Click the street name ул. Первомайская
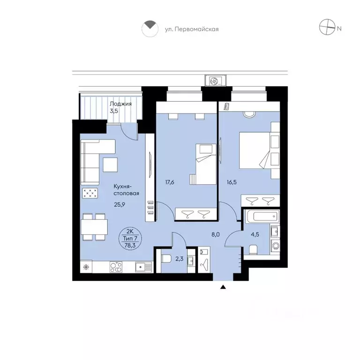click(x=192, y=30)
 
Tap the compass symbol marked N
click(x=327, y=27)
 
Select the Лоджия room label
click(x=120, y=104)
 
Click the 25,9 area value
click(x=120, y=204)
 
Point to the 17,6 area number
click(x=170, y=182)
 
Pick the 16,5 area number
click(x=232, y=182)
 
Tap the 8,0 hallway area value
click(x=216, y=235)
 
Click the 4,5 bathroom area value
click(x=255, y=235)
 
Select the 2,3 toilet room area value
click(x=180, y=259)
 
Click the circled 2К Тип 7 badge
click(x=130, y=238)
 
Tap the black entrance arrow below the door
click(x=223, y=287)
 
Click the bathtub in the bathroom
click(x=262, y=216)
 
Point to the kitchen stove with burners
click(x=116, y=267)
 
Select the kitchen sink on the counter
click(x=143, y=267)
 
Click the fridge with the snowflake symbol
click(x=86, y=267)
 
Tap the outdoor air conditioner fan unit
click(x=215, y=81)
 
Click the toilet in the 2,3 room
click(x=166, y=259)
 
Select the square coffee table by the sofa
click(x=110, y=165)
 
